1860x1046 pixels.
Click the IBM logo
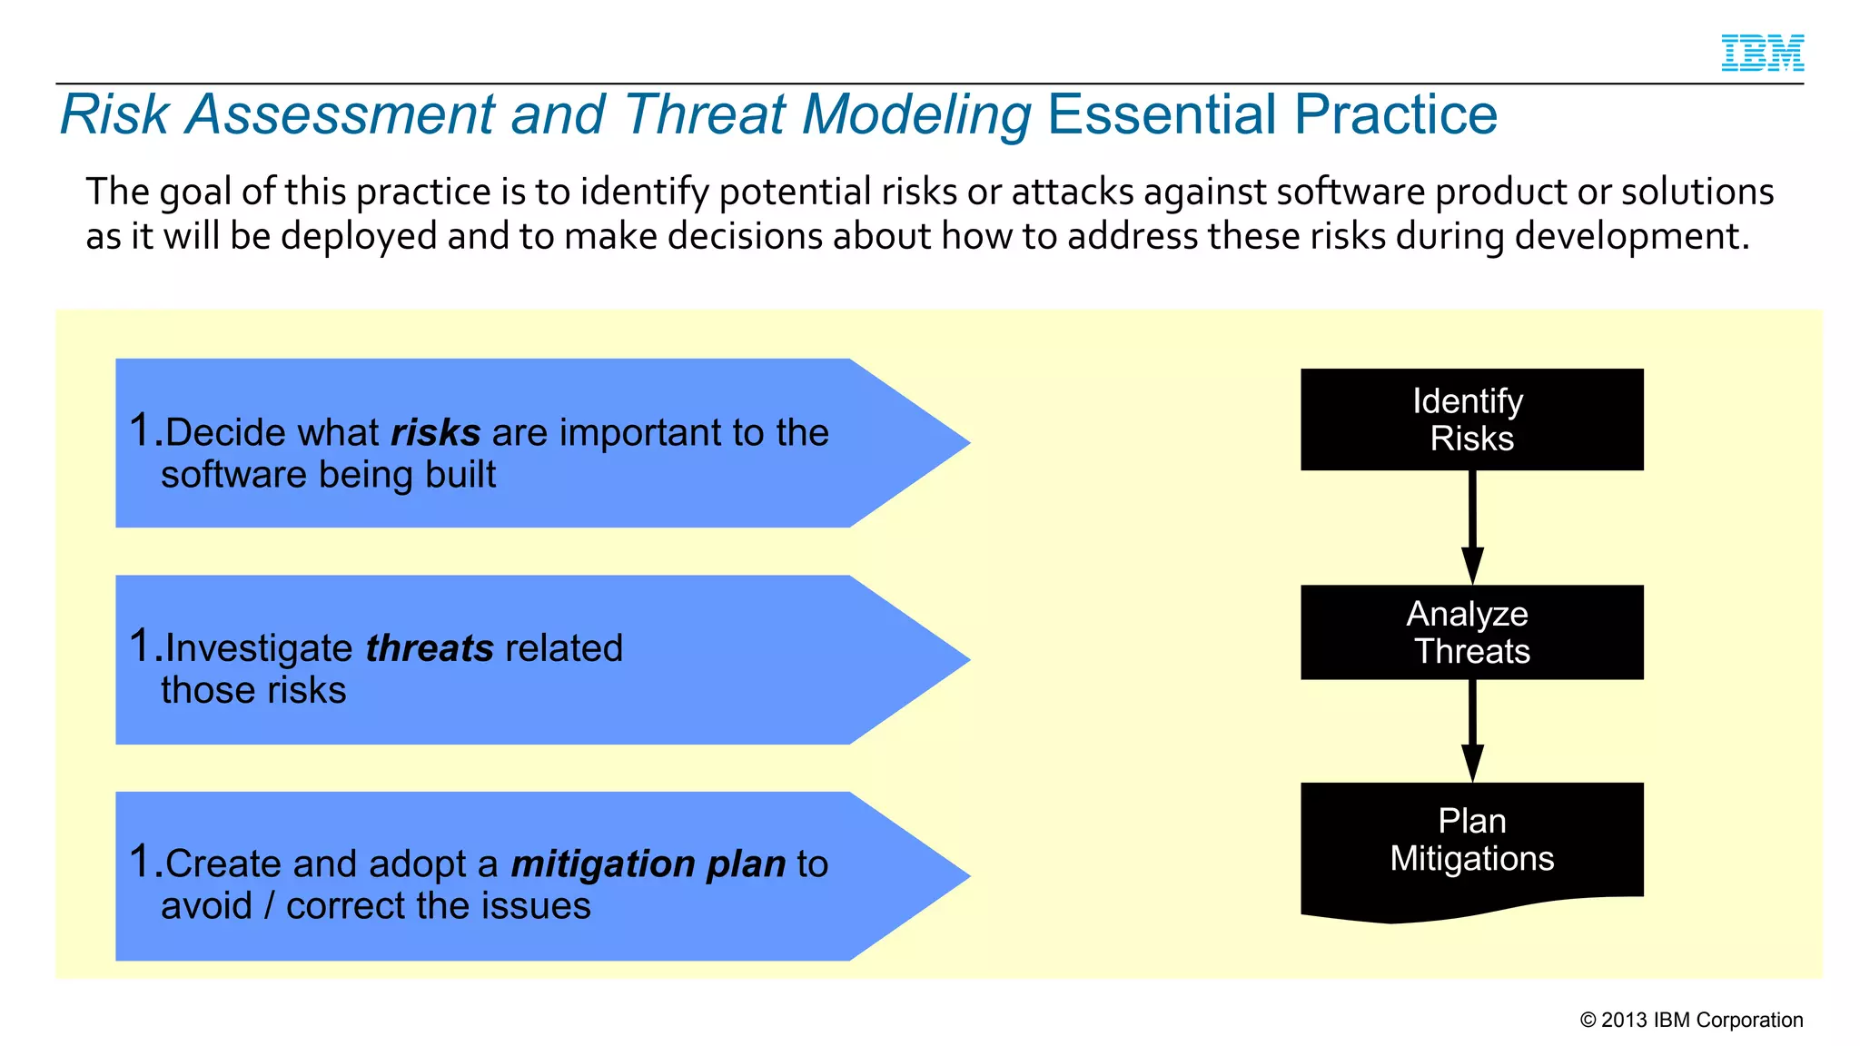1762,53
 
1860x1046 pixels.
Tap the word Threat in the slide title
705,115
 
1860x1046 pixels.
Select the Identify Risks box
1471,419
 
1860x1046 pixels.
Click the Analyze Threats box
1471,632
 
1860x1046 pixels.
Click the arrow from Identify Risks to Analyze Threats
1472,527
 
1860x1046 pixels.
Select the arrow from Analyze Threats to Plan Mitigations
1472,730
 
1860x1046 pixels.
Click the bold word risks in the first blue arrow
435,433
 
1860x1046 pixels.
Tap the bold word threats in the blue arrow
429,649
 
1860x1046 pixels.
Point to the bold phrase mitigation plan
648,864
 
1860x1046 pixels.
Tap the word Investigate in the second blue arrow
259,649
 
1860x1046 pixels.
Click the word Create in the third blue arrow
223,864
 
